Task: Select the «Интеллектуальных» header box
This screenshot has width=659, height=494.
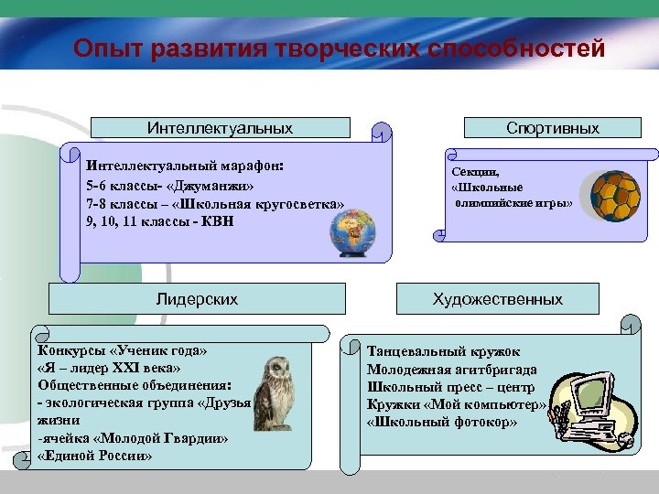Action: point(221,128)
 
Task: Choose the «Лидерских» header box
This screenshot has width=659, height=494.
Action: point(197,299)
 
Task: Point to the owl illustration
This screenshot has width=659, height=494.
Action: point(272,393)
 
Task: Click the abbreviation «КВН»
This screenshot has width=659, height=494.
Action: point(217,222)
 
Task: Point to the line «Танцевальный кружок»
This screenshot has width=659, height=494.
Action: point(443,351)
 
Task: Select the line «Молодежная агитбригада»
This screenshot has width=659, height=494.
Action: point(451,370)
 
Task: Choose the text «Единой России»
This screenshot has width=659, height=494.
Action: point(96,456)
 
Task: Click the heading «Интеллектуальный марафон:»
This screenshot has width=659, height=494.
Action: point(184,167)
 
